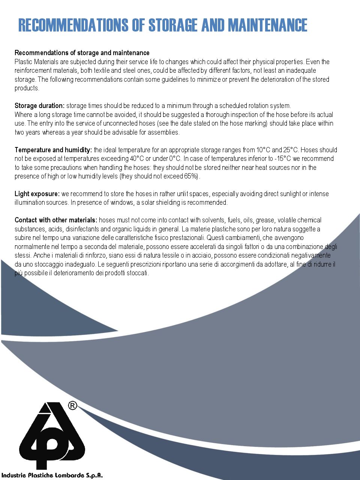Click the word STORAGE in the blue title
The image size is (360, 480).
coord(173,25)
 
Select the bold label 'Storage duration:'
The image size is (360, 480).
coord(40,106)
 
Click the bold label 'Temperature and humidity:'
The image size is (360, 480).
coord(53,150)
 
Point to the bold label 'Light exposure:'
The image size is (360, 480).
coord(37,194)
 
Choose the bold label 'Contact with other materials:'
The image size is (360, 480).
coord(56,220)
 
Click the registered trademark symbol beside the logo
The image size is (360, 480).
coord(73,405)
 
